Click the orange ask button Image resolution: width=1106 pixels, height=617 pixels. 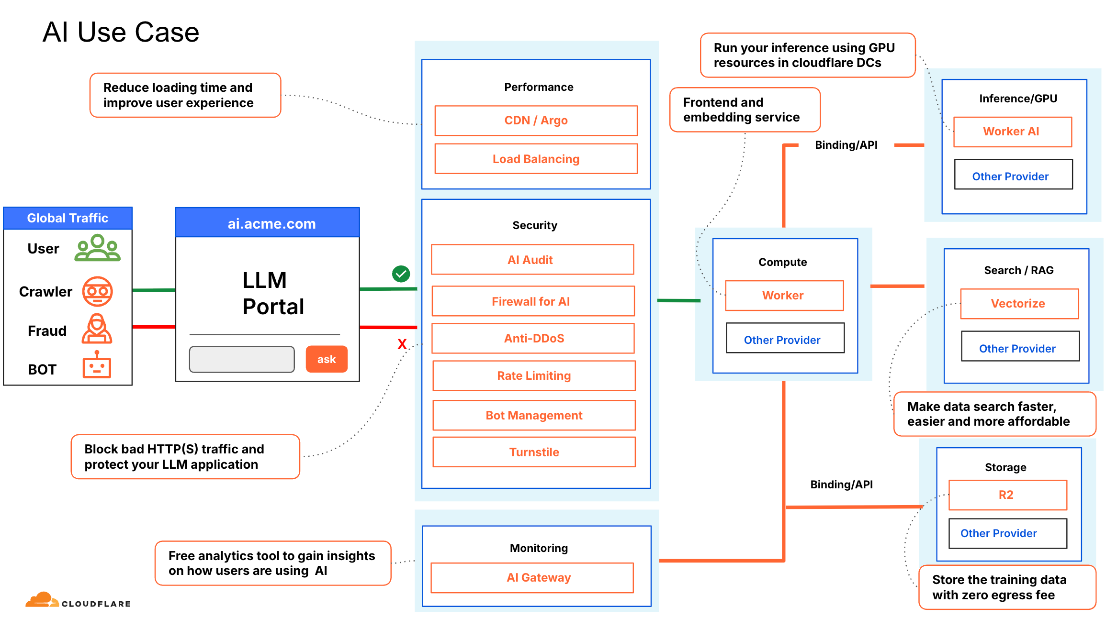[x=327, y=359]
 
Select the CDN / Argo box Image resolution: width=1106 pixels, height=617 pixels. [x=536, y=121]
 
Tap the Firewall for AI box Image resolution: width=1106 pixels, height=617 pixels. [x=533, y=301]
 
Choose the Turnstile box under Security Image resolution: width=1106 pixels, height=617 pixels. [x=534, y=452]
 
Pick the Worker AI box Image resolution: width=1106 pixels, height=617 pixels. [x=1012, y=132]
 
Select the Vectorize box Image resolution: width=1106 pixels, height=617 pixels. [x=1019, y=304]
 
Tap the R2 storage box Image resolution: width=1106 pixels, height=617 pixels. [x=1007, y=495]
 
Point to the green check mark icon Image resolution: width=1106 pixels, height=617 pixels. [x=401, y=274]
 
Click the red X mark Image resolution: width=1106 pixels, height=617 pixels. [x=402, y=344]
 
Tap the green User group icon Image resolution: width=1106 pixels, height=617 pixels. [x=97, y=247]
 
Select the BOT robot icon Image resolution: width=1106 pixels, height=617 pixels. [x=97, y=364]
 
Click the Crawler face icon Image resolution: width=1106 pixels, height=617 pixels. [x=97, y=291]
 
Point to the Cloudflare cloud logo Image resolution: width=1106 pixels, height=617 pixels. [x=42, y=600]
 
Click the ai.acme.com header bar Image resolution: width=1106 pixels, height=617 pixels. [x=267, y=222]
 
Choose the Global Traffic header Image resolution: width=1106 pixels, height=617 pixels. [x=68, y=218]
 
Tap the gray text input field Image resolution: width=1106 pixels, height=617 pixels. [x=242, y=359]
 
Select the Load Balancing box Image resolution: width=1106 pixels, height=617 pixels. [x=536, y=159]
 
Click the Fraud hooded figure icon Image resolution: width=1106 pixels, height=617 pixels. [x=97, y=329]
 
